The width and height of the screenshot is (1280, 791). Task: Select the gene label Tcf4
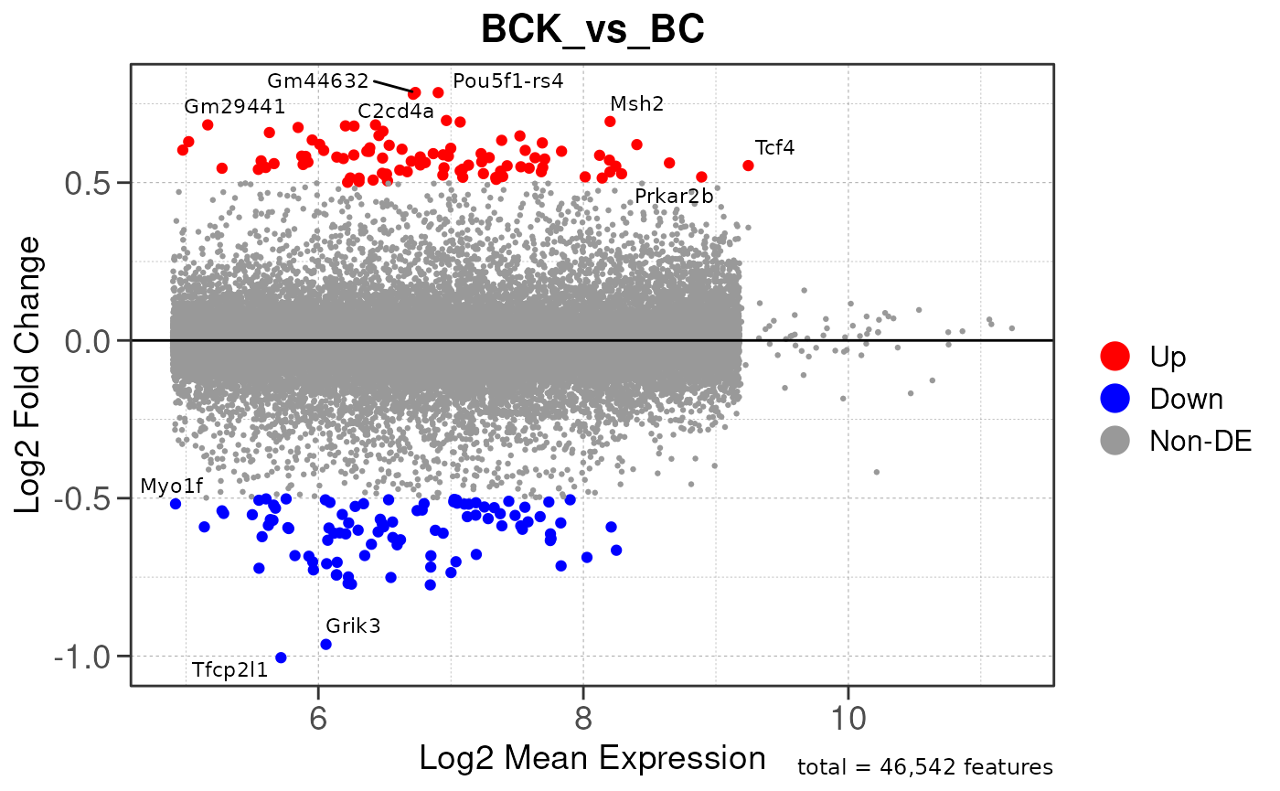pos(774,147)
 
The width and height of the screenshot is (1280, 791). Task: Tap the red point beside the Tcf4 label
pos(748,166)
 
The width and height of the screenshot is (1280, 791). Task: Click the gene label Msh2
pos(636,103)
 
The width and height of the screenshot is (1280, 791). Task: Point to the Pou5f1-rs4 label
pos(507,80)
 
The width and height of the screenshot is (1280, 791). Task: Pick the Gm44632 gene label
pos(317,80)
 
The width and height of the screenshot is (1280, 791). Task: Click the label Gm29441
pos(234,106)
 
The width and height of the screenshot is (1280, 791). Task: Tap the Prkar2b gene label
pos(674,196)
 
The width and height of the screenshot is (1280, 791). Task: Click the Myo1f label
pos(171,486)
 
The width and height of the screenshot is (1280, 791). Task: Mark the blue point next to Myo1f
pos(176,504)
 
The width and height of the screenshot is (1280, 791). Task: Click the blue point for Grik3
pos(325,644)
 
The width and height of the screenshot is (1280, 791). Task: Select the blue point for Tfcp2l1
pos(281,657)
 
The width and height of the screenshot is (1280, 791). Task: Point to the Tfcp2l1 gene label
pos(229,669)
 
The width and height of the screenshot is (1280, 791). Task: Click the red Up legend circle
pos(1115,356)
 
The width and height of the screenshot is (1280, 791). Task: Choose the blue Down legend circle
pos(1115,398)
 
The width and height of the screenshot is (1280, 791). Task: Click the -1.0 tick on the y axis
pos(89,657)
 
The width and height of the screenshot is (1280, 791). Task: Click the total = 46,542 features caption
pos(924,766)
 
